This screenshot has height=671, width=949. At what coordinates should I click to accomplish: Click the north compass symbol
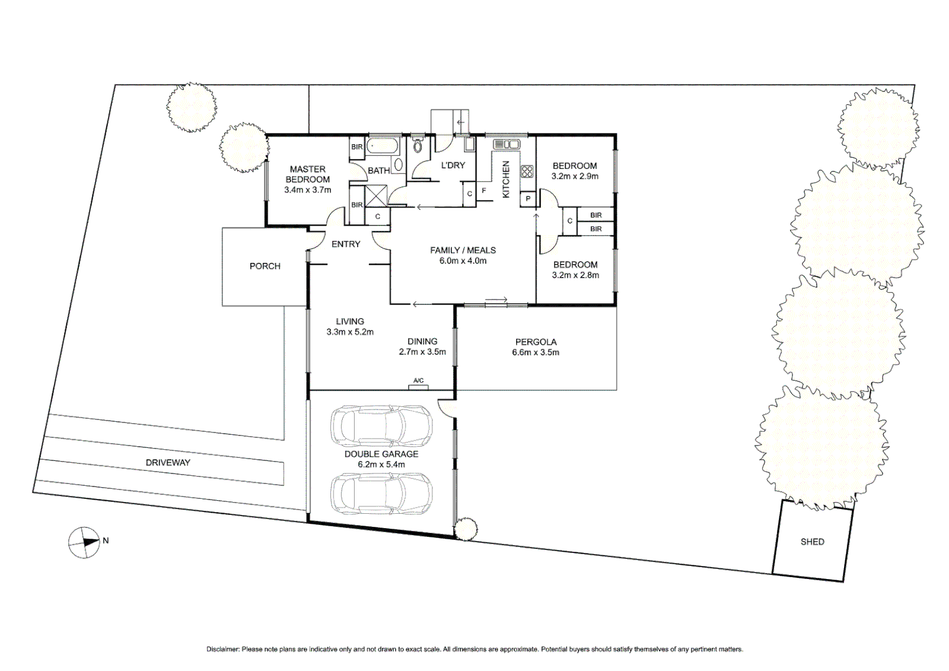click(84, 542)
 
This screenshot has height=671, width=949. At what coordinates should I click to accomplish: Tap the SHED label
click(812, 542)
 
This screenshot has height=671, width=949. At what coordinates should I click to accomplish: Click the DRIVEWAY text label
click(168, 463)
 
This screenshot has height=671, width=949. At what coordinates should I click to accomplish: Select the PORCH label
click(265, 266)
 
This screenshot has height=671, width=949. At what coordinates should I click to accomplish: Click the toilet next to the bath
click(418, 146)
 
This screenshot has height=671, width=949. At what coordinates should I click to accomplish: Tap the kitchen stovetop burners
click(527, 171)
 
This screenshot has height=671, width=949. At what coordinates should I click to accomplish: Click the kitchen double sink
click(507, 144)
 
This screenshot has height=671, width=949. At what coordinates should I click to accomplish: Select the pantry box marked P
click(527, 199)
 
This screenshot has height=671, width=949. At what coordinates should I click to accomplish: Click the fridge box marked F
click(484, 191)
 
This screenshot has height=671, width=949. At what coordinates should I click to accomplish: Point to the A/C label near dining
click(418, 381)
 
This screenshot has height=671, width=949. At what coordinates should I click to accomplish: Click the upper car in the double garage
click(381, 426)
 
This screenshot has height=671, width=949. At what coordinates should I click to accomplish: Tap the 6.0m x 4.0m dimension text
click(463, 261)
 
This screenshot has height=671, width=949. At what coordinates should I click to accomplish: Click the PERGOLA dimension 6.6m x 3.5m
click(535, 352)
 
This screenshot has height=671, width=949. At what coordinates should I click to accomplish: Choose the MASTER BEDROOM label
click(307, 174)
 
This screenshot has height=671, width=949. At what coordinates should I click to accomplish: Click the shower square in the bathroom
click(376, 196)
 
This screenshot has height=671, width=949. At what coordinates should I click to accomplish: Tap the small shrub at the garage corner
click(465, 529)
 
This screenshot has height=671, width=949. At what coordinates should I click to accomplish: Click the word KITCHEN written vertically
click(506, 180)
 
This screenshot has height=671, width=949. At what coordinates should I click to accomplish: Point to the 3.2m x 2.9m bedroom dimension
click(574, 176)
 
